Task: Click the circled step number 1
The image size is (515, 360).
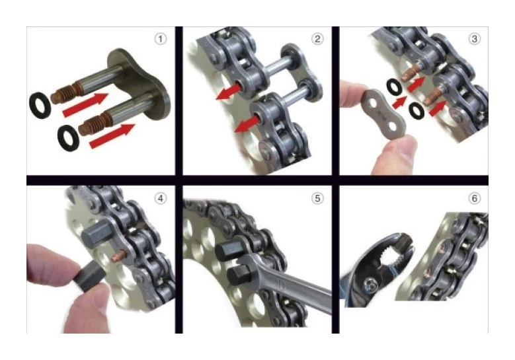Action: click(x=159, y=39)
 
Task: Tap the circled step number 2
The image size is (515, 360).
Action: click(x=318, y=39)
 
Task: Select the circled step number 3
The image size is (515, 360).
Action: click(x=474, y=39)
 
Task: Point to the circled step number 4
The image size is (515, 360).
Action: click(x=159, y=198)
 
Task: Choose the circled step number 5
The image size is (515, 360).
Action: click(x=318, y=198)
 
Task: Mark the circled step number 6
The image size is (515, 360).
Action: click(x=474, y=198)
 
